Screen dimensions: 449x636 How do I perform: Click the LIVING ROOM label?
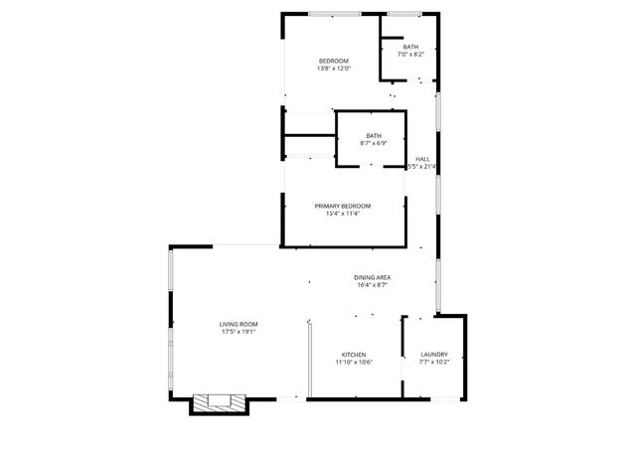[238, 324]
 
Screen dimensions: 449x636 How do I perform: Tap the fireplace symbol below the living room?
[218, 402]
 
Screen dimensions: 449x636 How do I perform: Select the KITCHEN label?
[355, 355]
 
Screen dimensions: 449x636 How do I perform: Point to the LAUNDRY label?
[434, 355]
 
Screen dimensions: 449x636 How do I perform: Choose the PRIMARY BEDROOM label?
[342, 206]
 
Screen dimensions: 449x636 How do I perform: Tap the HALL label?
[422, 159]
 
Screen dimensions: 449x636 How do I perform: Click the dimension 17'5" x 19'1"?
[238, 332]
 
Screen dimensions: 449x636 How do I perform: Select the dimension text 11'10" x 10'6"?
[355, 363]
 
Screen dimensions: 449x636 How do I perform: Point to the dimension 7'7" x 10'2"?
[434, 363]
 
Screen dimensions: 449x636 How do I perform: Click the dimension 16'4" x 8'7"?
[372, 285]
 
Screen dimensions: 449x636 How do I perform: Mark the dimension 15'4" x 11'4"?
[342, 214]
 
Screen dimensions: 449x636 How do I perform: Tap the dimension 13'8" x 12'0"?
[333, 69]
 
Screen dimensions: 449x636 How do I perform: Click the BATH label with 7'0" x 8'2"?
[410, 47]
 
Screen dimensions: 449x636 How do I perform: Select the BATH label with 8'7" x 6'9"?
[374, 135]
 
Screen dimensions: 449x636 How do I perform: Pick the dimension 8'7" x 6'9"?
[374, 143]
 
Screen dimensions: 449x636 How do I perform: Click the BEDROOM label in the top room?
[333, 61]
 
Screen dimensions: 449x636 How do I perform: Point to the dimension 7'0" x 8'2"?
[410, 55]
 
